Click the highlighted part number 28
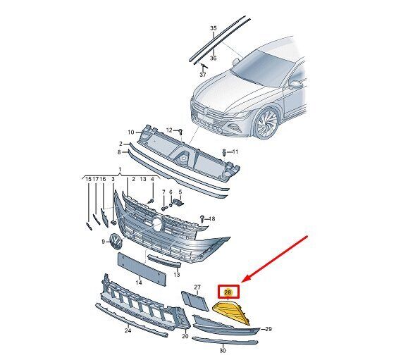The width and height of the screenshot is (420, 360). tap(228, 292)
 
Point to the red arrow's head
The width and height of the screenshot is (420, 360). tap(245, 280)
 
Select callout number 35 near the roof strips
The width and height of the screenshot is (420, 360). tap(214, 28)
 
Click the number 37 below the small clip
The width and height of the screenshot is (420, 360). tap(203, 75)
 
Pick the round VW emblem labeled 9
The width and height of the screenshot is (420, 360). tap(116, 241)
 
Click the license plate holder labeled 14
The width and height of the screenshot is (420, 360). tap(142, 268)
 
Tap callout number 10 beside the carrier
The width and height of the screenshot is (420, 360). tap(130, 132)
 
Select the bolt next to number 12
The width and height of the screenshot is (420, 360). tap(180, 132)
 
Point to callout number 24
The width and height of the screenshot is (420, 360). tap(128, 330)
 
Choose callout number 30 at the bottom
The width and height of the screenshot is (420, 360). tap(223, 350)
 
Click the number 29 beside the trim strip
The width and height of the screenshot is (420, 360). tap(268, 329)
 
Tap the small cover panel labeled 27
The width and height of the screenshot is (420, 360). tap(194, 301)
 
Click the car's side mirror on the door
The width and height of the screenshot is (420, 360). tap(295, 85)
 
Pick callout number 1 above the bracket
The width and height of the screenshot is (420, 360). tap(120, 170)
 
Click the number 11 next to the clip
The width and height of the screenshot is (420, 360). tap(235, 152)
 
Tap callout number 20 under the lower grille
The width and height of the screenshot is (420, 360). tap(185, 336)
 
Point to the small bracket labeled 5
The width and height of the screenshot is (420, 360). tap(178, 202)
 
